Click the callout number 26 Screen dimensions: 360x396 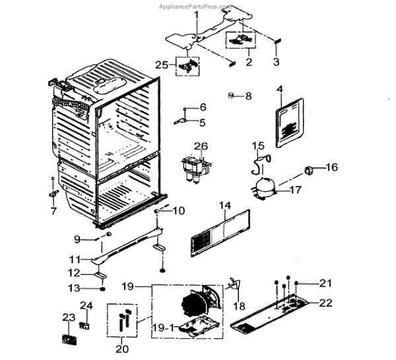coord(201,146)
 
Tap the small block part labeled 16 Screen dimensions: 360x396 coord(309,172)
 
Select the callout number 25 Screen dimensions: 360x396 coord(161,64)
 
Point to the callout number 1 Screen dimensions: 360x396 coord(195,15)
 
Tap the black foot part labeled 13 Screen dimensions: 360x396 coord(103,289)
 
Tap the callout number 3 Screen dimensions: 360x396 coord(277,62)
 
